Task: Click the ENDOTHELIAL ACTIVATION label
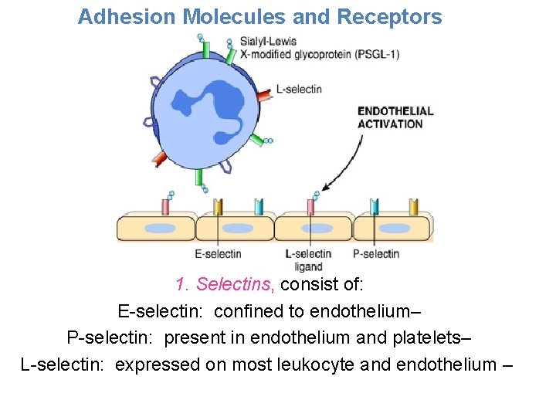395,117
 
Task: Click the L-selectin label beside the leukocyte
299,90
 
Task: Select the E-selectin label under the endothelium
218,254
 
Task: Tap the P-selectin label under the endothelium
375,254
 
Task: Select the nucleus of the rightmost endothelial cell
393,228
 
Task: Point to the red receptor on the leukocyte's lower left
160,159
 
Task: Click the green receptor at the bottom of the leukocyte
202,181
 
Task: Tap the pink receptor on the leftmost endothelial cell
165,206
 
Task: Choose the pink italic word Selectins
236,284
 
